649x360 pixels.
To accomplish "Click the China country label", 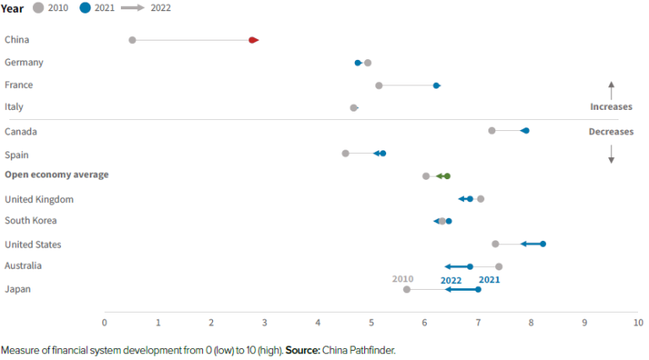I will (x=17, y=40).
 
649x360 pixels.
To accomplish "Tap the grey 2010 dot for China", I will (x=132, y=40).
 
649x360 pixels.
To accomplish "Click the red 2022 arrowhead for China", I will (x=254, y=40).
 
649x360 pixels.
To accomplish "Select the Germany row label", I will (x=24, y=63).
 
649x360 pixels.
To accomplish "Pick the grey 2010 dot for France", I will (x=379, y=85).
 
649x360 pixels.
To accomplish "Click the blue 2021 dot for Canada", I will (x=525, y=130).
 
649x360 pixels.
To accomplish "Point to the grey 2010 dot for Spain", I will (x=345, y=153).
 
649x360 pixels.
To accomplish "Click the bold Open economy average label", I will (x=57, y=175).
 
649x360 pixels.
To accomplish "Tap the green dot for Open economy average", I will (x=447, y=176).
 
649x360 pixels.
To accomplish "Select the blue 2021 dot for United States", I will (x=543, y=243).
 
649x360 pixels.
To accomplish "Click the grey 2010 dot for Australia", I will (x=499, y=266).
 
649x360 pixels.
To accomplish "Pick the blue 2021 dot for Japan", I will (x=477, y=289).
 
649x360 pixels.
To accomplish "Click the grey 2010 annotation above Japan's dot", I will (x=402, y=278).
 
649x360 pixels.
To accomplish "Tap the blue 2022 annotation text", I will (x=450, y=280).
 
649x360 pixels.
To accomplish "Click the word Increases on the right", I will (x=610, y=107).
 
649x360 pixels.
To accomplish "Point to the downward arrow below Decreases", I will (x=611, y=154).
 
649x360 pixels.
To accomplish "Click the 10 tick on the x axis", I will (x=637, y=323).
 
